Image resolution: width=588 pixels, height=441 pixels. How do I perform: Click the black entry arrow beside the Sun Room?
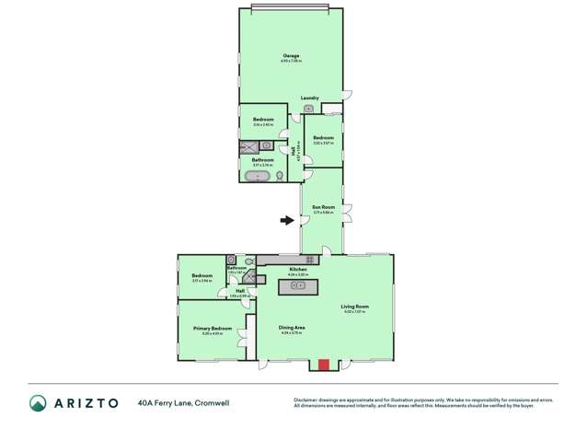pyautogui.click(x=288, y=220)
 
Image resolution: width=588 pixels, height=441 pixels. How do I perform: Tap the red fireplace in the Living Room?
pyautogui.click(x=323, y=365)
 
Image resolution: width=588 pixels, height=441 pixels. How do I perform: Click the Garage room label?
pyautogui.click(x=290, y=56)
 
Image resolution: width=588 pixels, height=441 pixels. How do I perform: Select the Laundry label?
pyautogui.click(x=309, y=98)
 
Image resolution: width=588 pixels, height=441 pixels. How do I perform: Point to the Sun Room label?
pyautogui.click(x=322, y=207)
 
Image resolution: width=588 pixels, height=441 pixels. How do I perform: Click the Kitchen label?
pyautogui.click(x=296, y=269)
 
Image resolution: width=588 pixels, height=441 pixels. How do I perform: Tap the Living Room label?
pyautogui.click(x=354, y=307)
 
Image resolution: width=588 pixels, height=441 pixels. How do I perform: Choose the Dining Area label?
pyautogui.click(x=293, y=327)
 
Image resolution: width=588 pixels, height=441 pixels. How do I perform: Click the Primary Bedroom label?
pyautogui.click(x=213, y=329)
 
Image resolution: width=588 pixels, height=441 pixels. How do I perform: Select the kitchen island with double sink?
pyautogui.click(x=298, y=285)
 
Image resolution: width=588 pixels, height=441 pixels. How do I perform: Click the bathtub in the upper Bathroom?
pyautogui.click(x=259, y=174)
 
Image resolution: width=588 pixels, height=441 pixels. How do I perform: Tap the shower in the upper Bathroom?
pyautogui.click(x=249, y=145)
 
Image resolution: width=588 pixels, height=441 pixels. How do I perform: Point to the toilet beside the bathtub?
pyautogui.click(x=280, y=174)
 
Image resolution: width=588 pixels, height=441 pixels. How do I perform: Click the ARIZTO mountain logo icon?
pyautogui.click(x=38, y=402)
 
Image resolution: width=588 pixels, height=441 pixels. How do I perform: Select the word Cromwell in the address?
pyautogui.click(x=213, y=402)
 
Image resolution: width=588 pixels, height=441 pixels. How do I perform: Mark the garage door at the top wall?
pyautogui.click(x=290, y=8)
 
